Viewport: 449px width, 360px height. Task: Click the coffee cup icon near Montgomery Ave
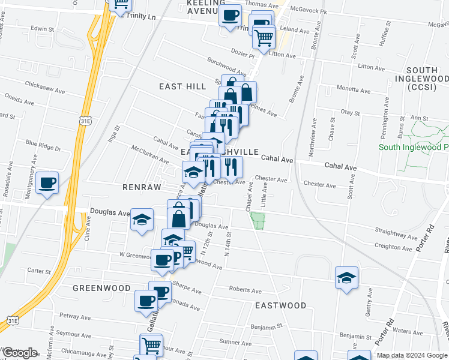47,182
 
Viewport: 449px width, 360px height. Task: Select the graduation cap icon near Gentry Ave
346,278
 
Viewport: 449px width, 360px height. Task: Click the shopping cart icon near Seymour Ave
151,345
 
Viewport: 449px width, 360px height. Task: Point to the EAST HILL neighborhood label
182,87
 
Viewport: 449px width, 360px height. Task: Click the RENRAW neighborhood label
142,188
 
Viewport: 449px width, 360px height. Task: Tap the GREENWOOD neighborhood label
101,288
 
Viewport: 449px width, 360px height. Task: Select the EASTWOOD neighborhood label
280,305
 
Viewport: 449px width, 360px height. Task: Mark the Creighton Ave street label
394,246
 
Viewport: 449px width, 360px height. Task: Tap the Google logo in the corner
20,353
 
